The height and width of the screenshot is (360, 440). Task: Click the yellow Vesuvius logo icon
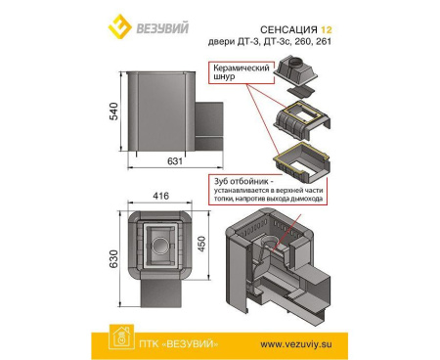pyautogui.click(x=118, y=22)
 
